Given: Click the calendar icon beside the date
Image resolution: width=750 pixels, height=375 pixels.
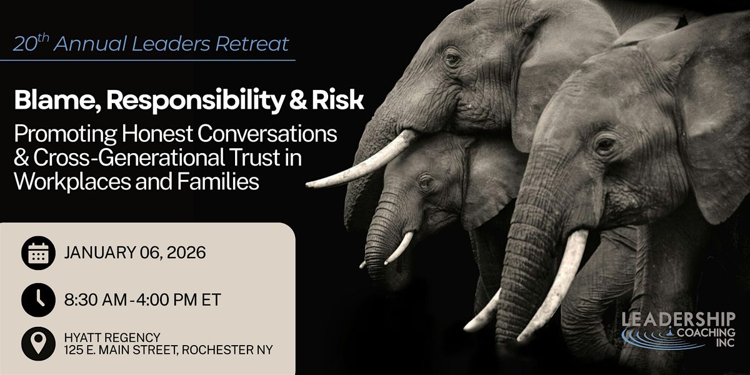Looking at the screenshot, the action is tap(38, 252).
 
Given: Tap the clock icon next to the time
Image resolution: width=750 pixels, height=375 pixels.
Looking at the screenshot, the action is tap(38, 300).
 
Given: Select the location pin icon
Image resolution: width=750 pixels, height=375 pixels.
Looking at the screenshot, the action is tap(38, 344).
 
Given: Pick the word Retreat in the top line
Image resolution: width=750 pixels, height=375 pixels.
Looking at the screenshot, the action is tap(252, 44).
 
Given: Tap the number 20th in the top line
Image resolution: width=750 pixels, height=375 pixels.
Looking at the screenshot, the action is tap(31, 43).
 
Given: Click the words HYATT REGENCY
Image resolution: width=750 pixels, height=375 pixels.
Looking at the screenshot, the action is tap(112, 337).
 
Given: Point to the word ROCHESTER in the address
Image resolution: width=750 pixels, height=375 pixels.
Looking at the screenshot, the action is tap(217, 350).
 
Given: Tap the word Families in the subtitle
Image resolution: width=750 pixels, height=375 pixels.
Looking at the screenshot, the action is tap(218, 181).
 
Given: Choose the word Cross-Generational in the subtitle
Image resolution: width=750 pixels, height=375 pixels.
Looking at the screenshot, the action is tap(129, 157).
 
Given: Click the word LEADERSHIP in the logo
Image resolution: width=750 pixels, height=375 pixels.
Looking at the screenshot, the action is tap(678, 319).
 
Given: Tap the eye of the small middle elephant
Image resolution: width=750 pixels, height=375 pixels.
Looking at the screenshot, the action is tap(426, 181).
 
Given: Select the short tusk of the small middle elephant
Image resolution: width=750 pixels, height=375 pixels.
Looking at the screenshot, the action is tap(399, 247).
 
